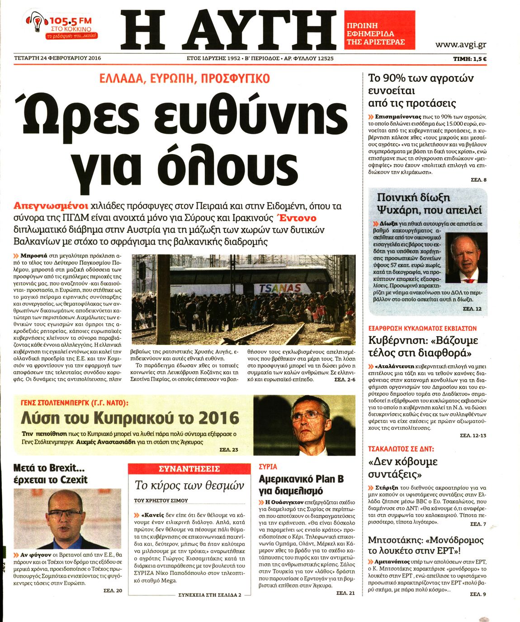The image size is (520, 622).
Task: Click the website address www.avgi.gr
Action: (460, 45)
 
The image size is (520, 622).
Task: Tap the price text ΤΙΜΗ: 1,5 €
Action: (469, 59)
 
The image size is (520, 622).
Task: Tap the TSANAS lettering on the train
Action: (280, 288)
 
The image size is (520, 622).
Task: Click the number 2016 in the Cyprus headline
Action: (216, 417)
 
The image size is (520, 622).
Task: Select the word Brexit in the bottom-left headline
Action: (66, 467)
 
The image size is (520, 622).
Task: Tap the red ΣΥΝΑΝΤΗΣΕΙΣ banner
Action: (189, 469)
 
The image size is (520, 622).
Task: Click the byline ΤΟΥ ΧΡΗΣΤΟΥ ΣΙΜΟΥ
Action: (161, 501)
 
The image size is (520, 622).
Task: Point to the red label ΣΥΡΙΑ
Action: (268, 467)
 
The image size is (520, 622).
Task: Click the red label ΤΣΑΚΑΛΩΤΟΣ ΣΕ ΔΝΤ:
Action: (401, 449)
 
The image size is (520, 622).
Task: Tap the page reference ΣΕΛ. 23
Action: (229, 450)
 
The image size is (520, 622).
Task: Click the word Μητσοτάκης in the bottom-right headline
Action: (396, 540)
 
